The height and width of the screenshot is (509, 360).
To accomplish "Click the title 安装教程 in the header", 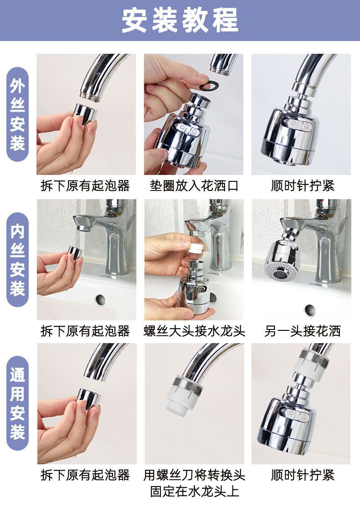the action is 180,21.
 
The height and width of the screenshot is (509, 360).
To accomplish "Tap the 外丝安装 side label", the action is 17,114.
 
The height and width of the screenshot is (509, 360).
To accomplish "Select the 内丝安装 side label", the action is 17,260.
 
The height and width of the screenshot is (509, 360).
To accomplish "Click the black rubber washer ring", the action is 209,85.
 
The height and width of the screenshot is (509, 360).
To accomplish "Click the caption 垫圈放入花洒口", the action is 194,186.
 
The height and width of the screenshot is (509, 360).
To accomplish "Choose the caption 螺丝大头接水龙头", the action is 194,331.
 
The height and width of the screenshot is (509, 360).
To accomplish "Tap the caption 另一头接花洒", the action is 302,331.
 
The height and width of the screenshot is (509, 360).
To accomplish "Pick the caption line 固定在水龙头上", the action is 194,491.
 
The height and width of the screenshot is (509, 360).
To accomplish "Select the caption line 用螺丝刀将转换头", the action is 194,475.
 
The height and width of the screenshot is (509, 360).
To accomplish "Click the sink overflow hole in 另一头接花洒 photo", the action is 310,309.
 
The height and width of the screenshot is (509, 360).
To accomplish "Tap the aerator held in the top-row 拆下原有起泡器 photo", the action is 85,114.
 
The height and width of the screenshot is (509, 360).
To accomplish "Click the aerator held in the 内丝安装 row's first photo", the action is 75,253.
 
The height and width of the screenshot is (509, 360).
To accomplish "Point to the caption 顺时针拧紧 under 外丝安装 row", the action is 302,186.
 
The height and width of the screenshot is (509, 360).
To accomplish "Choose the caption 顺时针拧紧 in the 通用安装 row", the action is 302,475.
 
